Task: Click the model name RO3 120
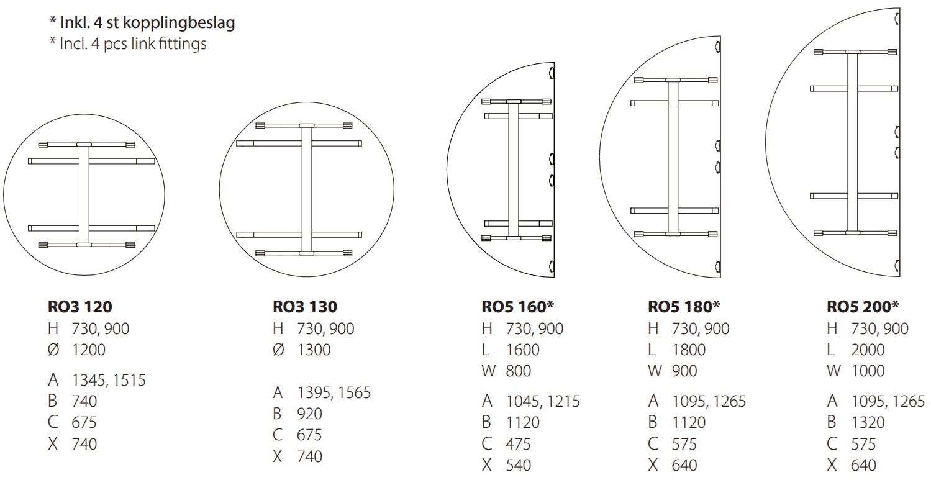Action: (x=79, y=307)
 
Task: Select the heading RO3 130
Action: (x=305, y=307)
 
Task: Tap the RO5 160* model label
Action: (x=517, y=307)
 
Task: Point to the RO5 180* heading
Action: (x=684, y=307)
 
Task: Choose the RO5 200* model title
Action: (x=863, y=307)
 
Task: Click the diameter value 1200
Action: (x=89, y=350)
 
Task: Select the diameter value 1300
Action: (x=314, y=350)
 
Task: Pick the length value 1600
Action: (x=523, y=350)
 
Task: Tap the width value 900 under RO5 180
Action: (x=684, y=371)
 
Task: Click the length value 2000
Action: (x=868, y=350)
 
